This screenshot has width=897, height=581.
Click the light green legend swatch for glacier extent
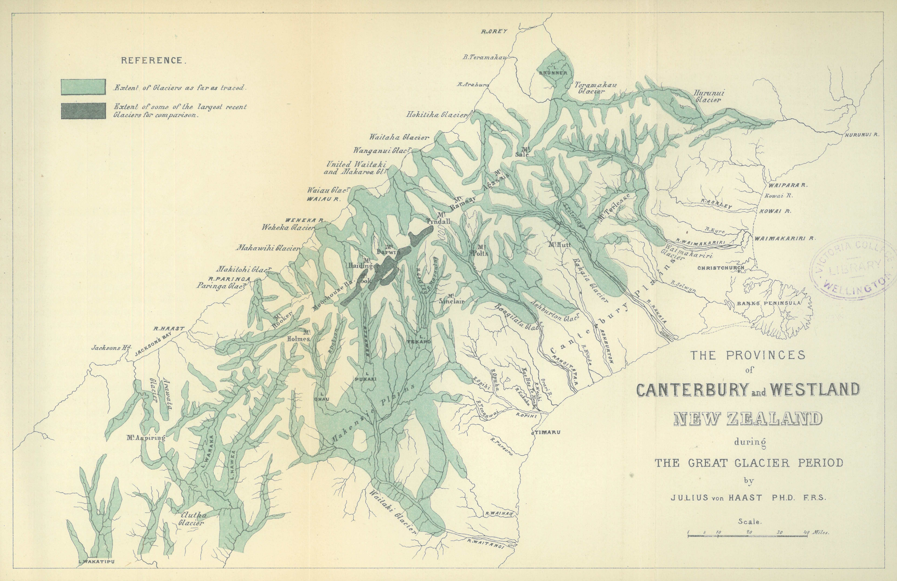(x=83, y=87)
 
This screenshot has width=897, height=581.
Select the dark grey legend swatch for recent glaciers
(x=83, y=111)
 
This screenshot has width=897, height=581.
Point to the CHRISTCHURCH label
(x=720, y=268)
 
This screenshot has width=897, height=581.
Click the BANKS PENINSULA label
(x=769, y=303)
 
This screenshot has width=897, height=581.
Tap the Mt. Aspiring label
(x=146, y=438)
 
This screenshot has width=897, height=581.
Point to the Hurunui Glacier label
(x=709, y=96)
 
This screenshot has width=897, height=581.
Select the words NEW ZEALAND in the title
(x=747, y=419)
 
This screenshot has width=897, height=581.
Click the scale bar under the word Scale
(x=747, y=534)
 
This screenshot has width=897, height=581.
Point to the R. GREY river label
(x=494, y=31)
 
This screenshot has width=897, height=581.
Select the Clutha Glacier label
(x=192, y=519)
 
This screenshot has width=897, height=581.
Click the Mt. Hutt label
(x=560, y=244)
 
